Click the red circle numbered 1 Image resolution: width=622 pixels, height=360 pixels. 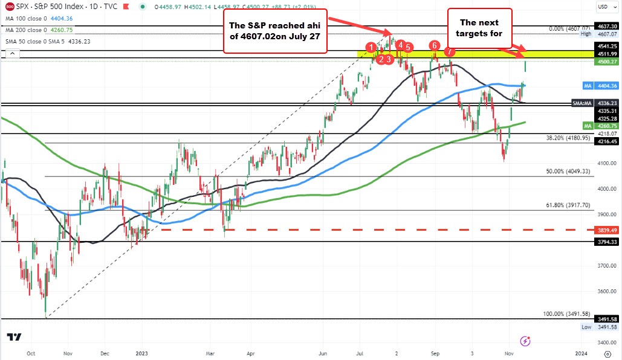click(371, 47)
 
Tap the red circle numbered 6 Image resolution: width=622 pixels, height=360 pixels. click(434, 46)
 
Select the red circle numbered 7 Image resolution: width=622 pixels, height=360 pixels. click(449, 52)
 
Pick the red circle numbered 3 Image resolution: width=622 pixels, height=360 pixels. click(390, 59)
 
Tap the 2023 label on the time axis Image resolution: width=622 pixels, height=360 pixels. click(143, 353)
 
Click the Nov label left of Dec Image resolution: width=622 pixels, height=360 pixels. click(68, 353)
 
